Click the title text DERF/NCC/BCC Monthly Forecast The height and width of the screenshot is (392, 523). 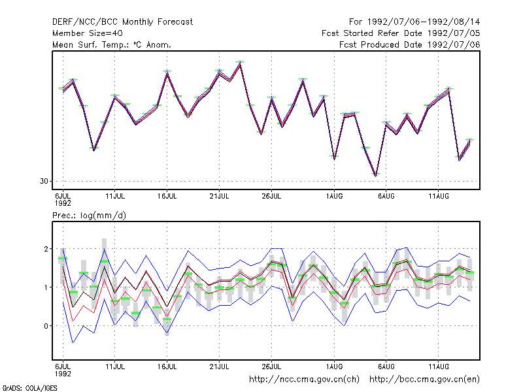pos(122,22)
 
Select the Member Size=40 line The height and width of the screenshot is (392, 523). pos(88,33)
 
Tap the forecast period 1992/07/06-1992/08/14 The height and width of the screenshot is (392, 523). pos(414,22)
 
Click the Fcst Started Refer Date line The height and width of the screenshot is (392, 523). pos(401,33)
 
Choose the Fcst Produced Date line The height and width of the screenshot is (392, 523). pos(410,44)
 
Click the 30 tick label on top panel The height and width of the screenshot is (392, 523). pos(44,181)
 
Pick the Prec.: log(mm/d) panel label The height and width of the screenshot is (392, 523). pos(89,216)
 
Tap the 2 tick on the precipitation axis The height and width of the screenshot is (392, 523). pos(46,249)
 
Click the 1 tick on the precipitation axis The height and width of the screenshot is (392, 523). pos(46,287)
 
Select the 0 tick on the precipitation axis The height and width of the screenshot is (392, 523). pos(46,326)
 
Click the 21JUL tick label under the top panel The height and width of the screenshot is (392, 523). pos(219,196)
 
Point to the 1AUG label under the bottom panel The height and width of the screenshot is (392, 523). pos(334,367)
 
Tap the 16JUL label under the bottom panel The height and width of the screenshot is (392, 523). pos(167,367)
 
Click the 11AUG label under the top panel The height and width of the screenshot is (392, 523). pos(438,196)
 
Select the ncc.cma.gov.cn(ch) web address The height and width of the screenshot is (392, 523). pos(304,380)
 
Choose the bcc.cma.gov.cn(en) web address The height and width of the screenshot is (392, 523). pos(424,380)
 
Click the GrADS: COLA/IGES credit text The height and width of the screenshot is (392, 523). pos(29,388)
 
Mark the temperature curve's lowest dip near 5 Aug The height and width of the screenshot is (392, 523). pos(375,176)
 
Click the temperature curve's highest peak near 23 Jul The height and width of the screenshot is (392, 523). pos(240,63)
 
